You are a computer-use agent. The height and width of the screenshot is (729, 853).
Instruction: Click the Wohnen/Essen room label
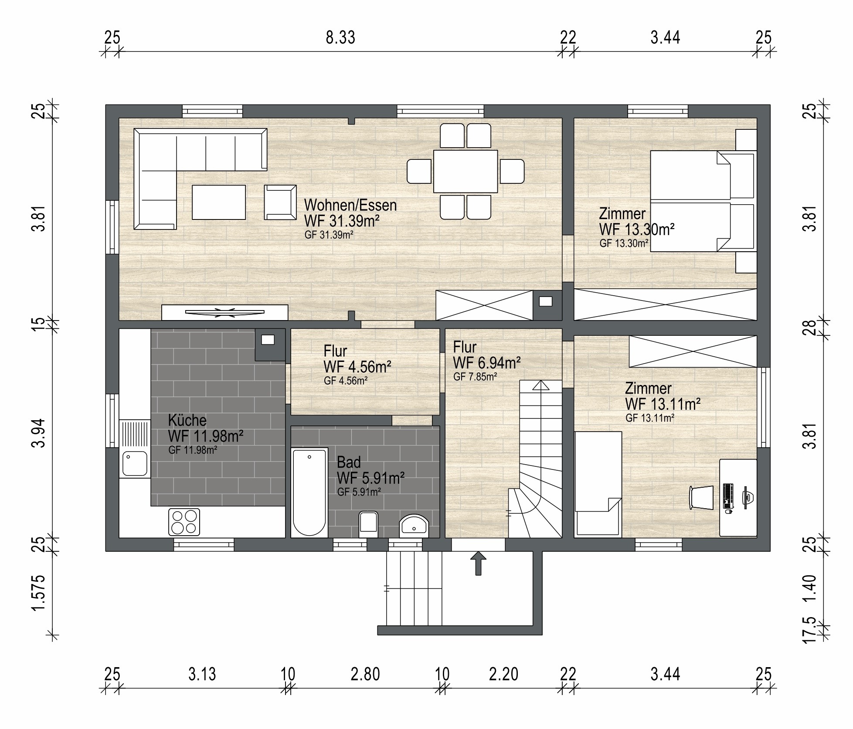coord(350,205)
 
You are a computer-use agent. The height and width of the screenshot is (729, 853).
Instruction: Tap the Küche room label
coord(187,420)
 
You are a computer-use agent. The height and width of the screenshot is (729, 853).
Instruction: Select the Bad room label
coord(349,462)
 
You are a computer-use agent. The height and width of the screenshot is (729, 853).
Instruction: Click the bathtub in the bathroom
coord(309,492)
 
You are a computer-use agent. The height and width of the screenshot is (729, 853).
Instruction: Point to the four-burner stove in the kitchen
coord(184,522)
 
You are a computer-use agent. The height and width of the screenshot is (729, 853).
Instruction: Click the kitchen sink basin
coord(135,463)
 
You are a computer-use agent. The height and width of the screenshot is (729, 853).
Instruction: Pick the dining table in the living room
coord(466,171)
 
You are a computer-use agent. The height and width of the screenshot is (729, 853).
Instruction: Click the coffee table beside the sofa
coord(219,202)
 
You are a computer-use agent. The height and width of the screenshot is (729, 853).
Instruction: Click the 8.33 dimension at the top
coord(340,37)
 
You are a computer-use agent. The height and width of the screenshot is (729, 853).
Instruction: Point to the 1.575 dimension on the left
coord(38,593)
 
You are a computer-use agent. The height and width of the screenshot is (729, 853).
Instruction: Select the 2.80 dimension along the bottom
coord(365,675)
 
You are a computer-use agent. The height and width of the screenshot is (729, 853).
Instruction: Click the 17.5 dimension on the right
coord(809,630)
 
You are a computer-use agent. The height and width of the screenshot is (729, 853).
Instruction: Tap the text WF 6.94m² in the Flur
coord(487,363)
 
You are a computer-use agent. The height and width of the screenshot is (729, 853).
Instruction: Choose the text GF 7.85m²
coord(475,377)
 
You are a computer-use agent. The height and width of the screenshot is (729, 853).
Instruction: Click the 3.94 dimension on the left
coord(38,433)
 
